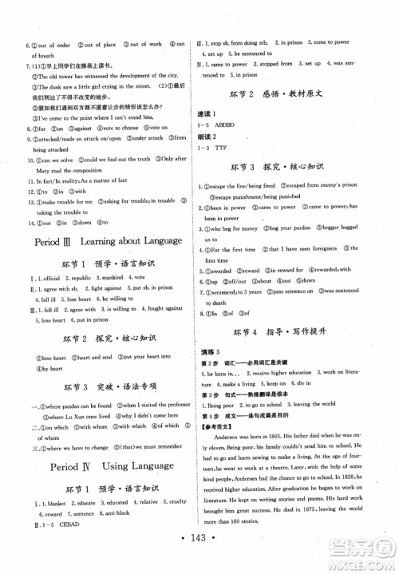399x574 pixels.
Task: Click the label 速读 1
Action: [208, 114]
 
